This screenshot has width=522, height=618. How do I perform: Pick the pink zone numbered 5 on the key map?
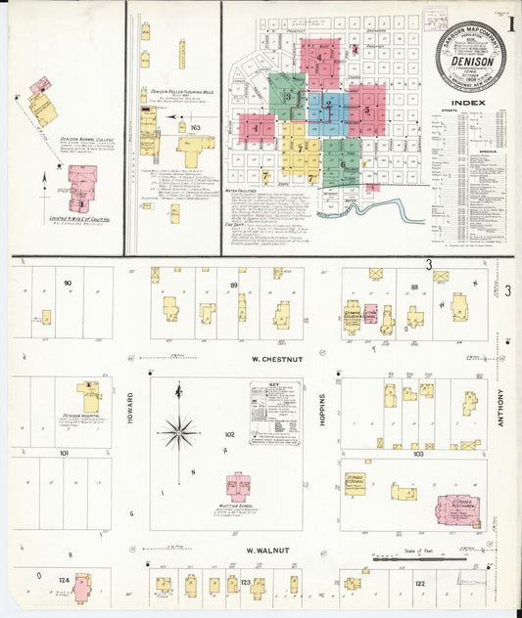tap(366, 110)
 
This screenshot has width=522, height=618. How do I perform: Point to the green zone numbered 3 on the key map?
tap(288, 96)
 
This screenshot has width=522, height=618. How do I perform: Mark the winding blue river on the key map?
tap(372, 208)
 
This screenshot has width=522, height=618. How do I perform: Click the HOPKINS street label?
tap(321, 411)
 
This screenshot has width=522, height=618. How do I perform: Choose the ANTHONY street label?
tap(499, 409)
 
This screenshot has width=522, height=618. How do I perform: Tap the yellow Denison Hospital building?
tap(90, 397)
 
